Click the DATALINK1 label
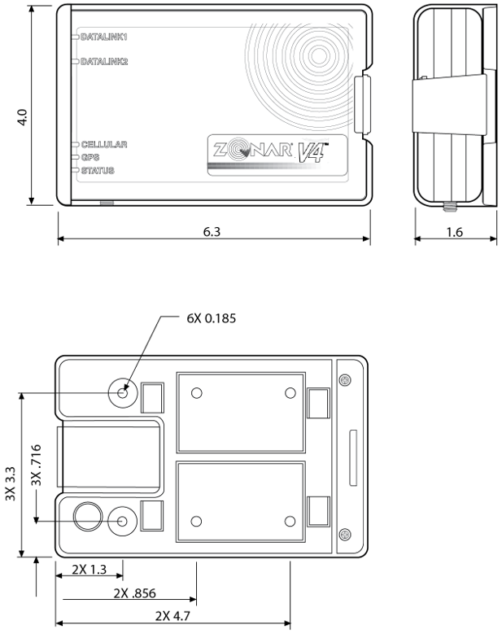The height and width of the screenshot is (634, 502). [x=104, y=37]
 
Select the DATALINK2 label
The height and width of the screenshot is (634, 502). [x=104, y=61]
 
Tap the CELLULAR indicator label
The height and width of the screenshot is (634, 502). [x=103, y=144]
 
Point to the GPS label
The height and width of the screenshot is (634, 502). [x=89, y=157]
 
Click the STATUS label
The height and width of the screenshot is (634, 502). [x=98, y=170]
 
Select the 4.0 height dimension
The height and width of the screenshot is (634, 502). [x=24, y=117]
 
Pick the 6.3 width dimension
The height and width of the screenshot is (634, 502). [x=214, y=231]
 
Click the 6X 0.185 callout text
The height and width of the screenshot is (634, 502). [x=211, y=317]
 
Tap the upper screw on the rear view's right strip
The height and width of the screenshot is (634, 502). [x=345, y=382]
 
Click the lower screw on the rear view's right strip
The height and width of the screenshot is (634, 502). [x=345, y=534]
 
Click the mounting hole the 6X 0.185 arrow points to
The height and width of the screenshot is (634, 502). [x=123, y=393]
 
